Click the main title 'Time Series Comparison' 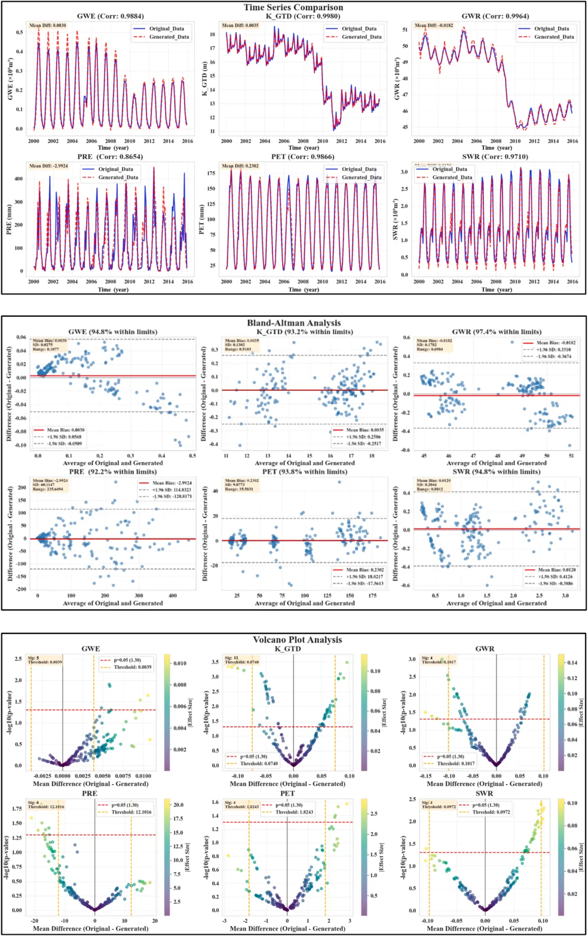pos(293,7)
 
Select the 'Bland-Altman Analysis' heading pos(293,323)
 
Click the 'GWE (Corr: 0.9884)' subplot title pos(110,16)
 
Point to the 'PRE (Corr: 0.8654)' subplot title pos(110,157)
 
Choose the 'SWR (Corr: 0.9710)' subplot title pos(495,157)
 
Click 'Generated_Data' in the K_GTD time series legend pos(362,37)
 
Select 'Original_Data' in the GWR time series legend pos(551,29)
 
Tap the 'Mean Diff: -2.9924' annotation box pos(48,166)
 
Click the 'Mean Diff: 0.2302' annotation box pos(240,166)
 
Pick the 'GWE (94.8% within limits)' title pos(113,331)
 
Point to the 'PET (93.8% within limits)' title pos(304,472)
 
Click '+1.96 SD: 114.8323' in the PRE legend pos(171,490)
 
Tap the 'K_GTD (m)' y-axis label pos(205,78)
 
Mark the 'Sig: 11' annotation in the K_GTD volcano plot pos(231,658)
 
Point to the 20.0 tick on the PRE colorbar pos(179,804)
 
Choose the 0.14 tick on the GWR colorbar pos(572,662)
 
